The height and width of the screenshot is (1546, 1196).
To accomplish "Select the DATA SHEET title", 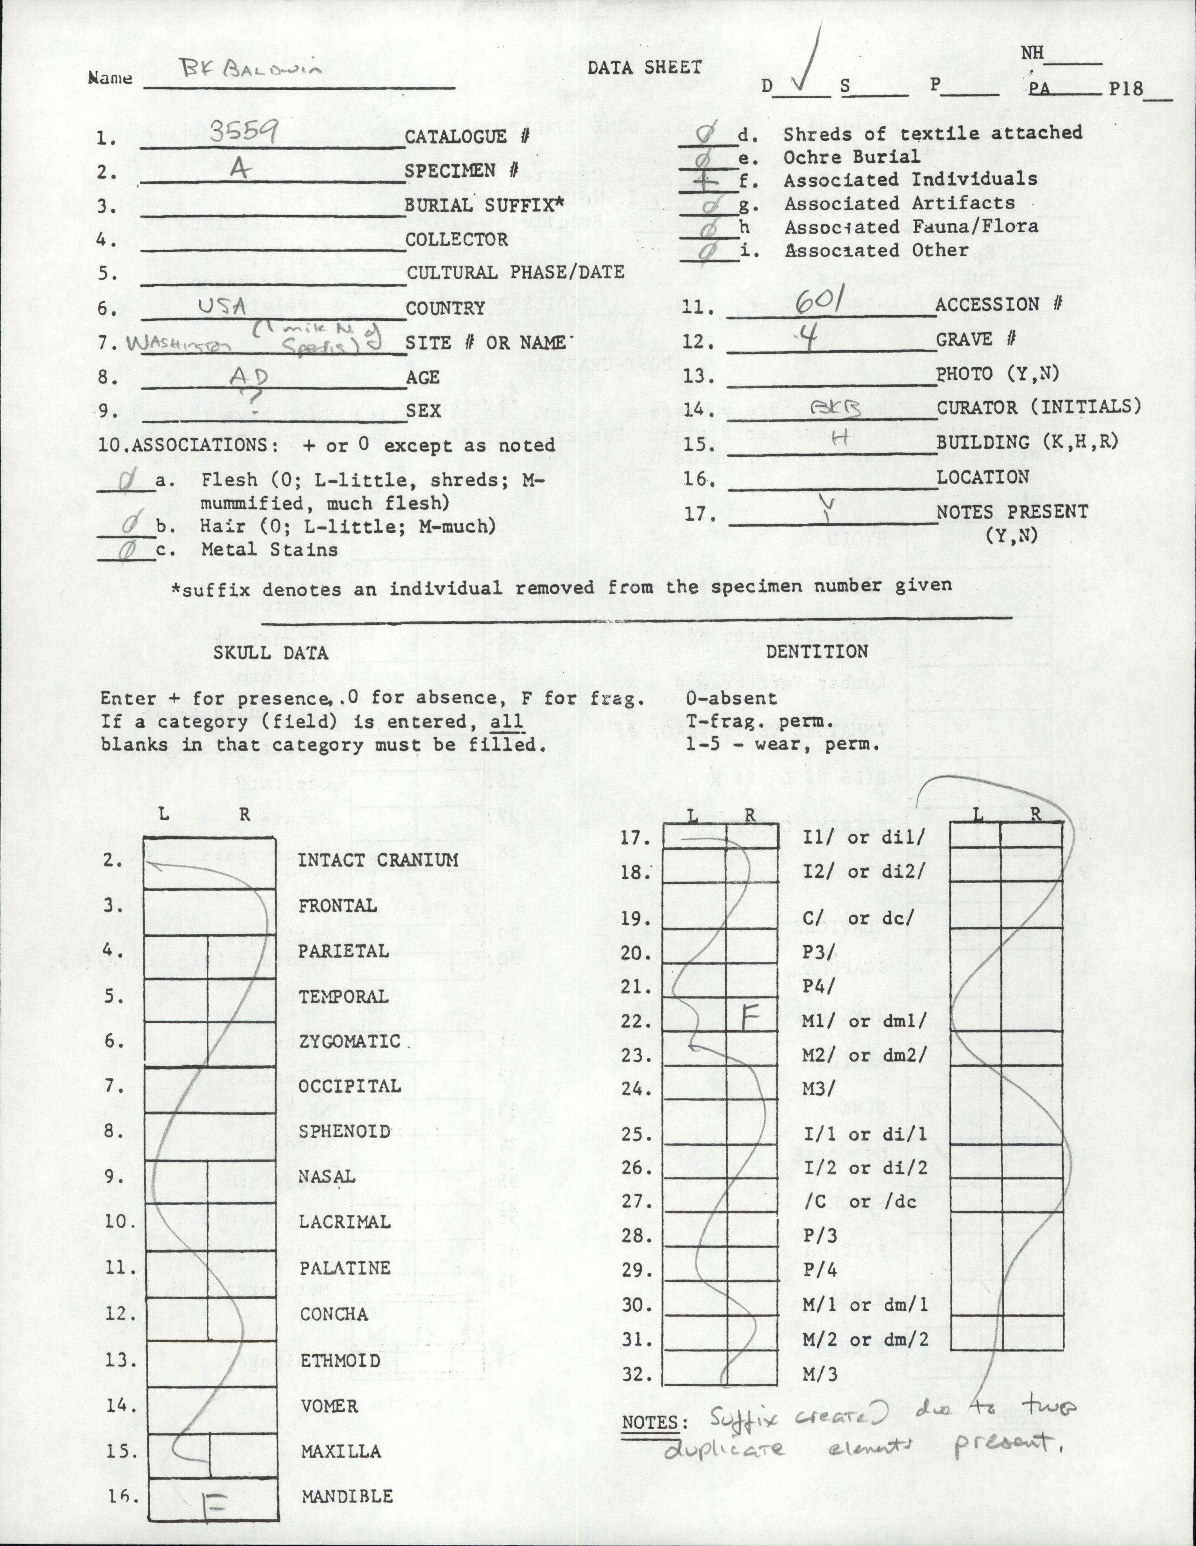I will click(644, 68).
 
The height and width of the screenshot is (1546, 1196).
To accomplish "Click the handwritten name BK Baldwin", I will click(251, 68).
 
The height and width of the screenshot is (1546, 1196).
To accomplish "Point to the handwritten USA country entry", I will click(222, 306).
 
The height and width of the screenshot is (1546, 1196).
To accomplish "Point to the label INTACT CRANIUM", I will click(378, 860).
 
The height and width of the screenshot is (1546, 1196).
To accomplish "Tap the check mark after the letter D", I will click(807, 71).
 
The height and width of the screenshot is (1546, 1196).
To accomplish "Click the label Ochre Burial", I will click(851, 157).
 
